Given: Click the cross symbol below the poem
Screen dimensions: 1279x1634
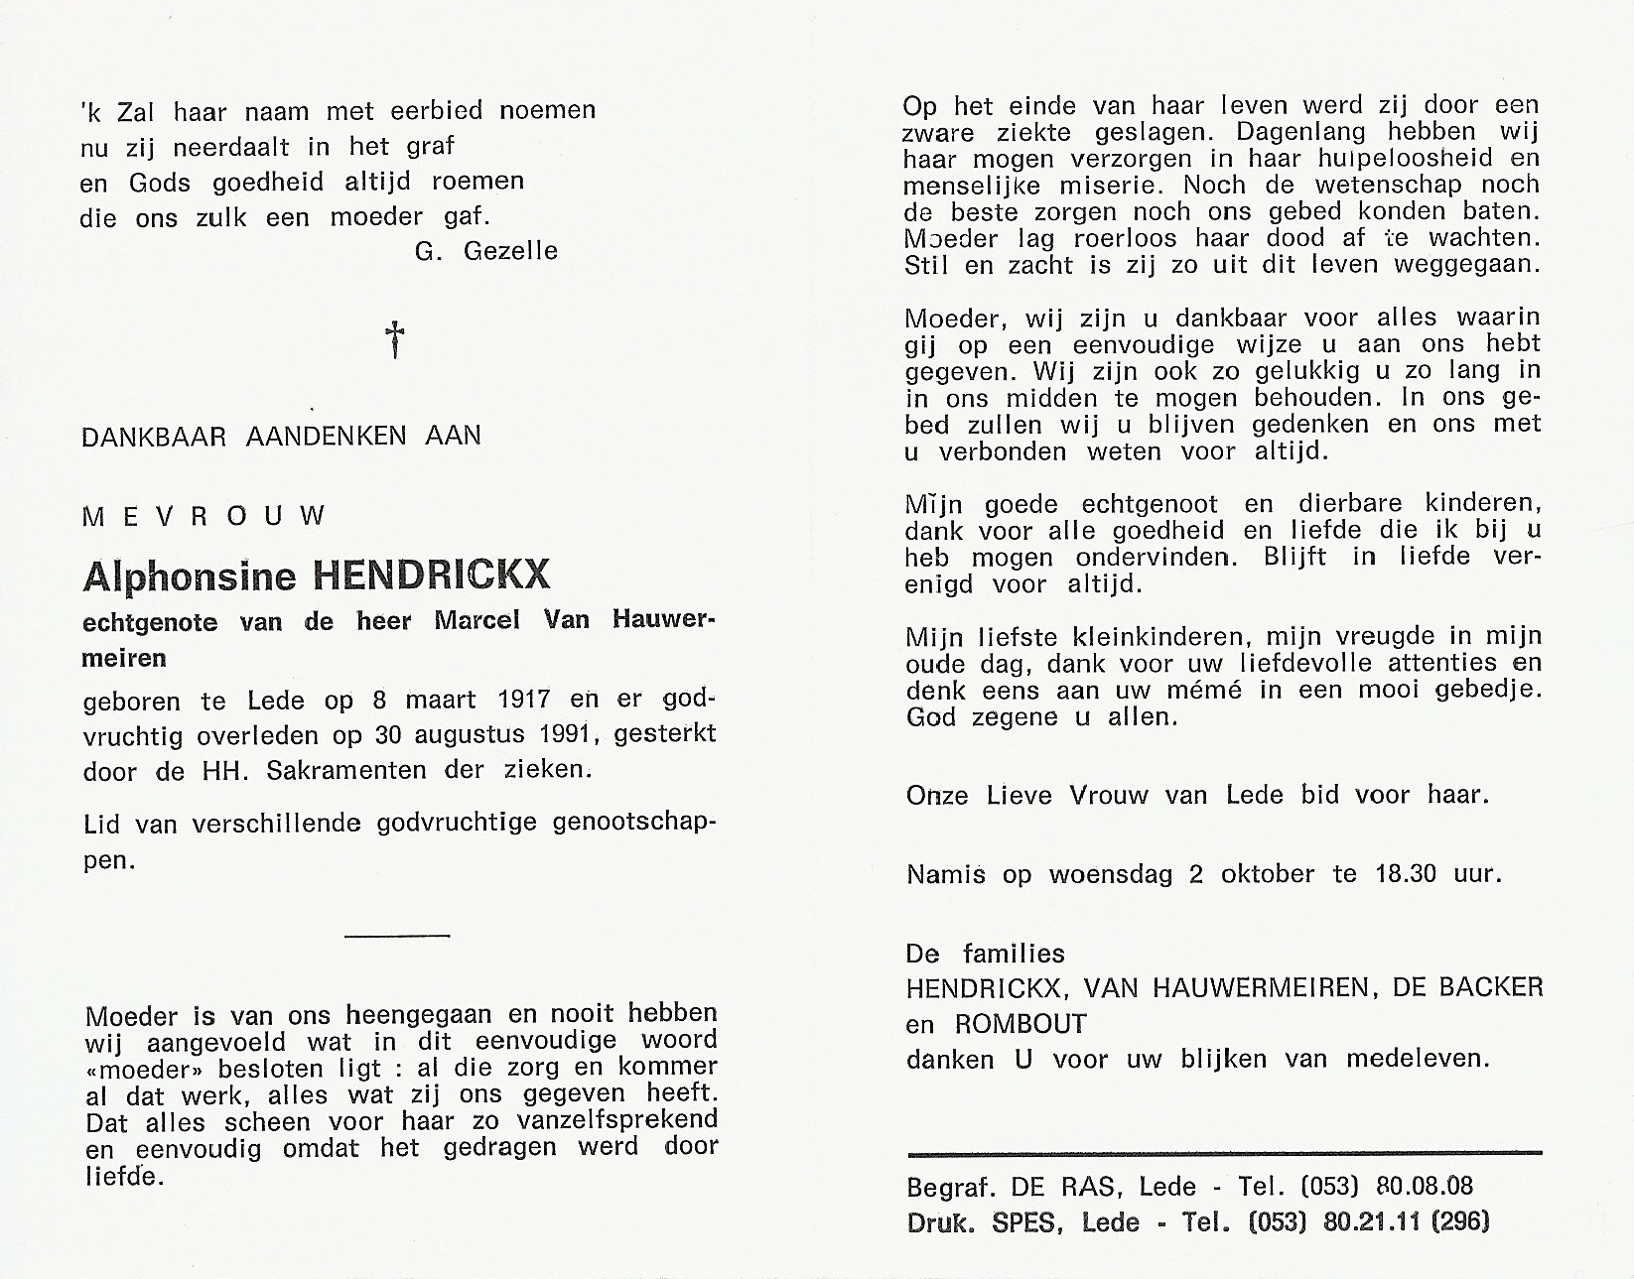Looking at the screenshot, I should click(x=396, y=338).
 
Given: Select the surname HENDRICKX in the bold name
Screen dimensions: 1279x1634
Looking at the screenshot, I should click(x=431, y=576).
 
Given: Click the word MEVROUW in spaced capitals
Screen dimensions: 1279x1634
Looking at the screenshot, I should click(x=204, y=516).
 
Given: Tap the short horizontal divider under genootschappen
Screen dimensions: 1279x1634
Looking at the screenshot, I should click(x=397, y=935).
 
